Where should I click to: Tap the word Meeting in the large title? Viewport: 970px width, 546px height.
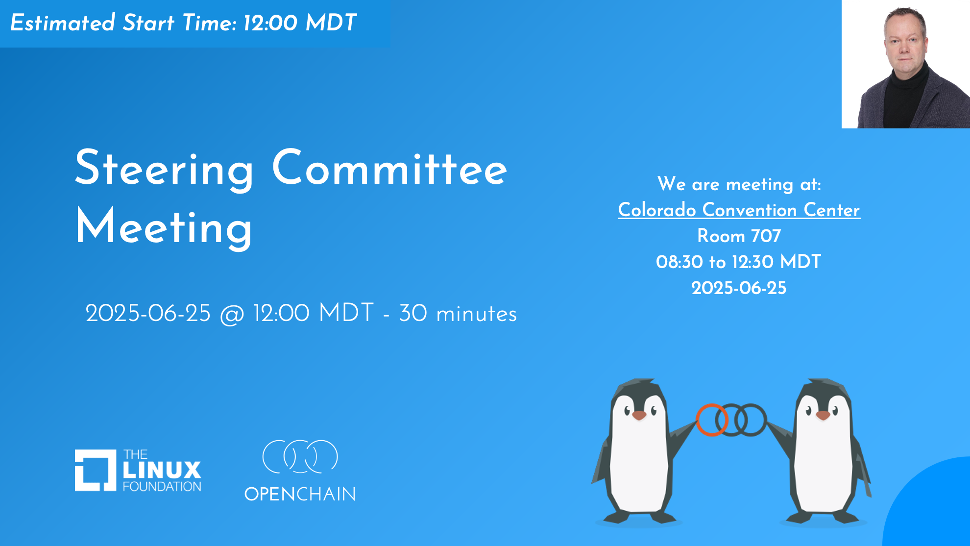click(164, 227)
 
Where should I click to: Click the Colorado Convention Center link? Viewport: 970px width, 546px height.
click(739, 210)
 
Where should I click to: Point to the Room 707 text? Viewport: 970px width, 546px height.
click(739, 236)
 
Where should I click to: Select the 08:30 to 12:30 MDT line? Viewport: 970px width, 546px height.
click(739, 262)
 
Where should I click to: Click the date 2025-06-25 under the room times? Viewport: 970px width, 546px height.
click(739, 288)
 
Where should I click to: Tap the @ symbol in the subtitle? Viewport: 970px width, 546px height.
click(232, 314)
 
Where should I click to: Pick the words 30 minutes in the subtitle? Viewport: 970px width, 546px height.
click(458, 314)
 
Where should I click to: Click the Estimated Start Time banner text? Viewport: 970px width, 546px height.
click(183, 23)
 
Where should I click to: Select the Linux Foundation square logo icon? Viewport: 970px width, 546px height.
click(96, 470)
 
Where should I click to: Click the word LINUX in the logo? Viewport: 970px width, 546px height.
click(162, 470)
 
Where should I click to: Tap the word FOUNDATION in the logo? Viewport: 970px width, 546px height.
click(162, 486)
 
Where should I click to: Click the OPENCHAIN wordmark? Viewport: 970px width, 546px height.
click(300, 494)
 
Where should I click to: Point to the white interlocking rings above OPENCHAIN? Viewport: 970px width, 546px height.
click(300, 456)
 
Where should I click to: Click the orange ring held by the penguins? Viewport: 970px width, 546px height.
click(712, 420)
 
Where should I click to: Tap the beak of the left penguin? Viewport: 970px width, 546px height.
click(639, 416)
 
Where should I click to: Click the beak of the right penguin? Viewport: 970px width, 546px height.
click(823, 416)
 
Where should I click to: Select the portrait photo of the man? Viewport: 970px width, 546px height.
click(906, 64)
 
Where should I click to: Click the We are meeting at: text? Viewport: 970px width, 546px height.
click(739, 184)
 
